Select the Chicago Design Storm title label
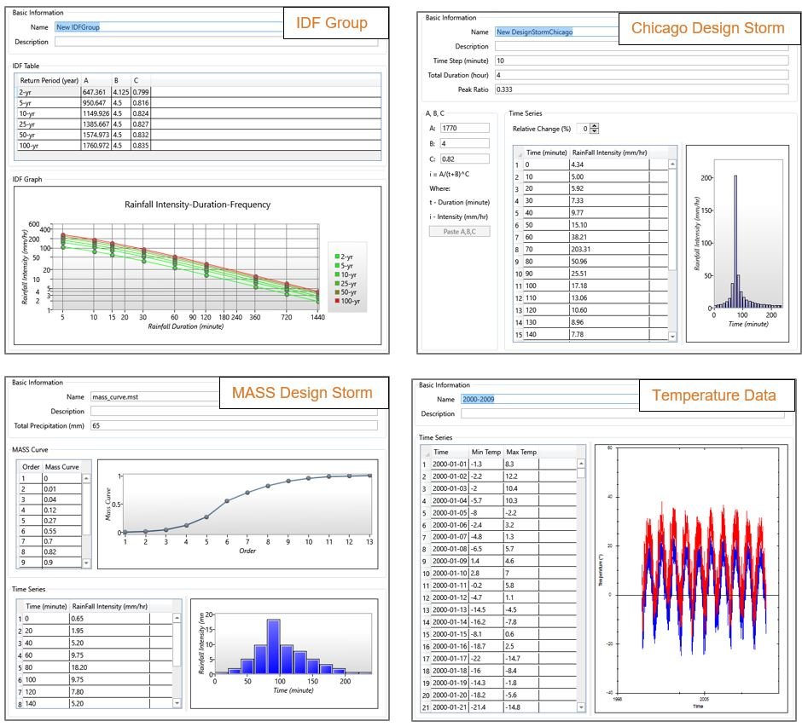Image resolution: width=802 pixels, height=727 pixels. click(707, 28)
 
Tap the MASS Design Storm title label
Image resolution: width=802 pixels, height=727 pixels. click(302, 393)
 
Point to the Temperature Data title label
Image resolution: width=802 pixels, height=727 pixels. click(714, 395)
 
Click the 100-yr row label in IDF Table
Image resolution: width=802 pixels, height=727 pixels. click(30, 146)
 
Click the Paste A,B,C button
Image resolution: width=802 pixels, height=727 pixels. click(459, 231)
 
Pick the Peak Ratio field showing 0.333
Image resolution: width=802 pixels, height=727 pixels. click(640, 89)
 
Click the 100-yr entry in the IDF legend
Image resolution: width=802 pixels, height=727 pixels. click(348, 301)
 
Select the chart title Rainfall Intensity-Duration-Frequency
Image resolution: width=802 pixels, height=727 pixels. click(197, 205)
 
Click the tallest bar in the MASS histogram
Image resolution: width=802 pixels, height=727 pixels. click(273, 645)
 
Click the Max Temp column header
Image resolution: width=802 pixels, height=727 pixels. click(521, 452)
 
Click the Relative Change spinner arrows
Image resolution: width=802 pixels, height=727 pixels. click(595, 129)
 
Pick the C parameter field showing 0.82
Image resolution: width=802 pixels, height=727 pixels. click(464, 159)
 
